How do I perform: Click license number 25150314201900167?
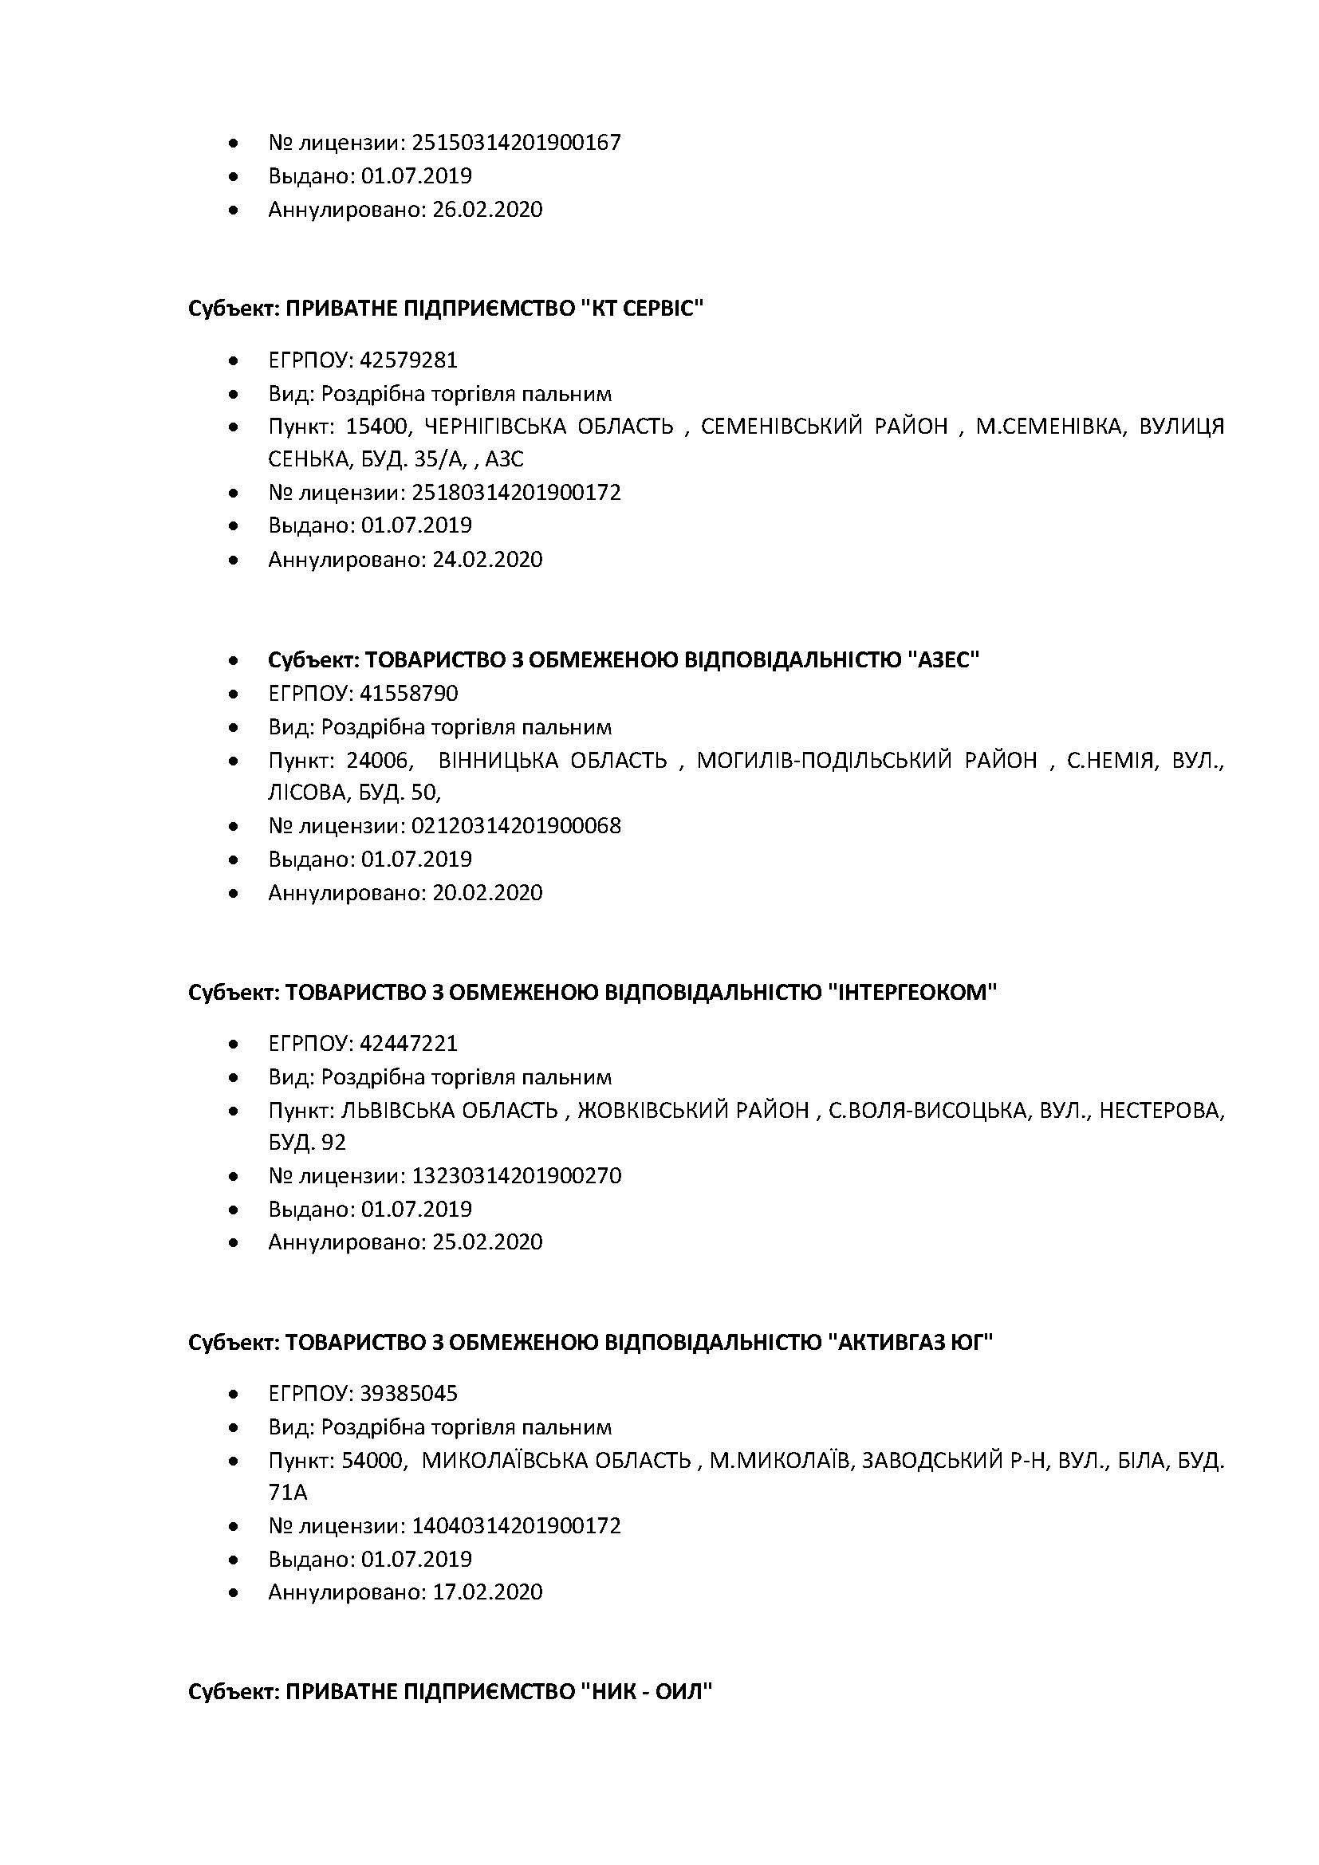point(517,143)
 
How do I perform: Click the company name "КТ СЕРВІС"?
point(643,309)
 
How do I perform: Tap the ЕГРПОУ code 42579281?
point(408,360)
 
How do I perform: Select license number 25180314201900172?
point(517,493)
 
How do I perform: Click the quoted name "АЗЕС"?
point(943,660)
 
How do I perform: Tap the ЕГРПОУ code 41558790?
point(408,694)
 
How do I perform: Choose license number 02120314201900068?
point(517,826)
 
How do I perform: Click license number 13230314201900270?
point(517,1176)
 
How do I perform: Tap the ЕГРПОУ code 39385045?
point(408,1394)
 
